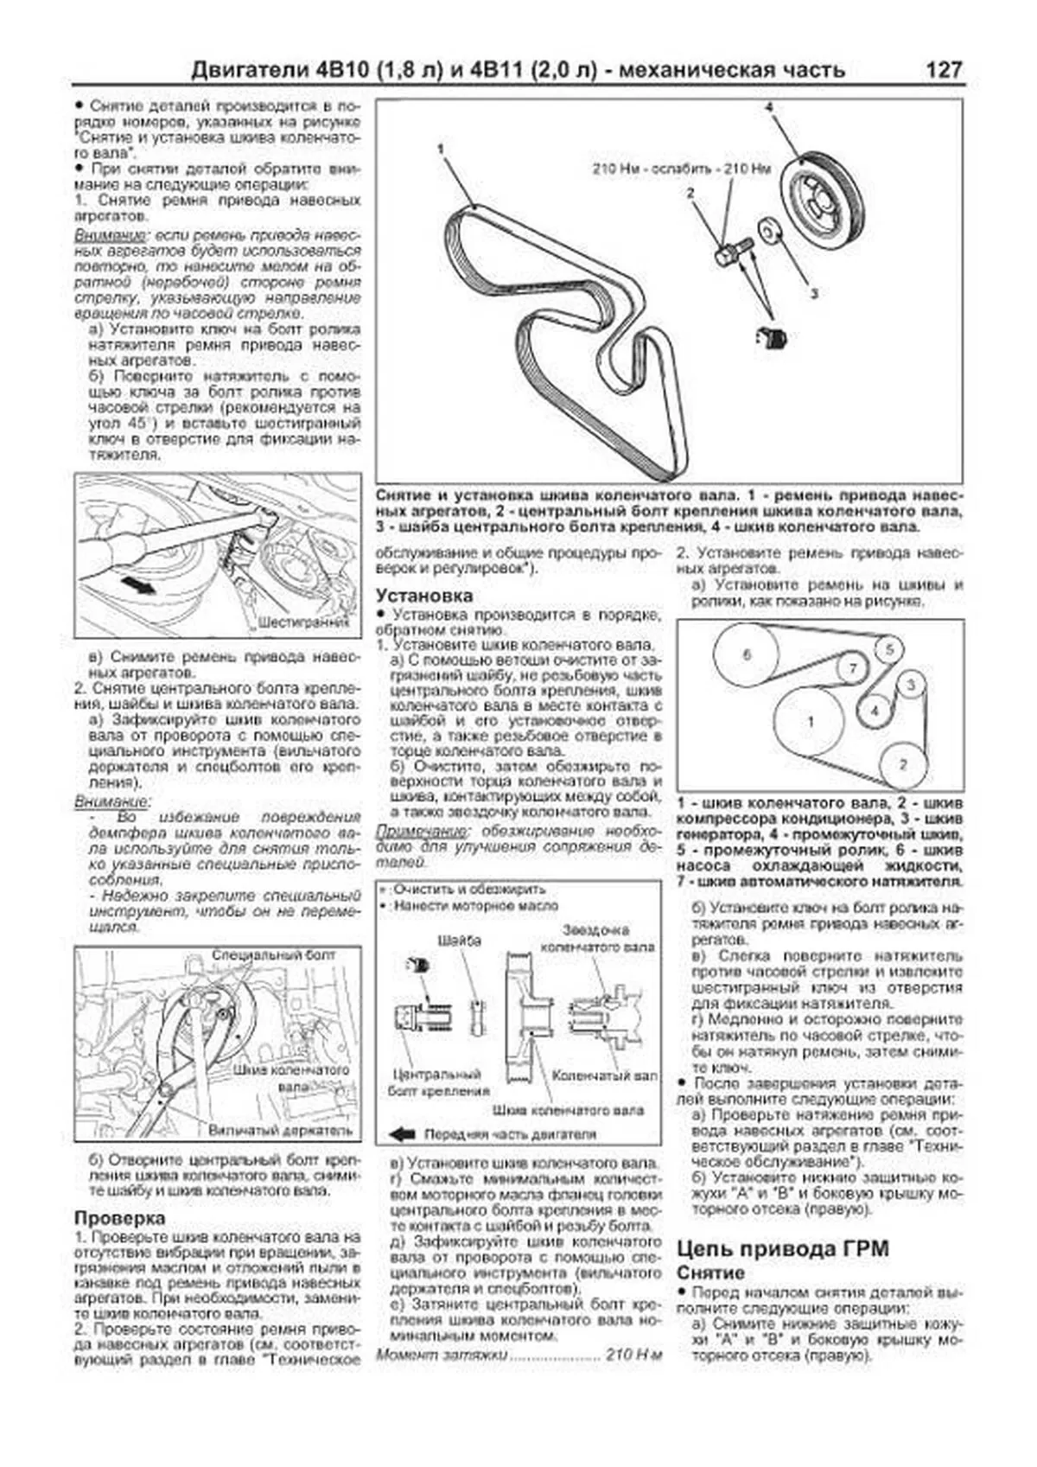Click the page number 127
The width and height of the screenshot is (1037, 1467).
tap(944, 70)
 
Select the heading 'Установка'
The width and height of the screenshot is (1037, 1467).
tap(424, 596)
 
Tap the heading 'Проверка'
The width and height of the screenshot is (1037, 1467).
tap(119, 1218)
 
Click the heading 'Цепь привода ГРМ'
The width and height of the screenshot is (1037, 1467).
tap(783, 1248)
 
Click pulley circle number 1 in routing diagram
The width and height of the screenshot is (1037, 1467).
tap(810, 721)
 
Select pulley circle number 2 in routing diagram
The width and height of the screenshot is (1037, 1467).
tap(903, 765)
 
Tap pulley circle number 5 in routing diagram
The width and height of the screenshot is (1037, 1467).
tap(889, 648)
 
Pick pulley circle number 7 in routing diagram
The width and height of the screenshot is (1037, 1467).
tap(853, 668)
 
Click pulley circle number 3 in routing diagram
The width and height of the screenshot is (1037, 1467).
tap(910, 686)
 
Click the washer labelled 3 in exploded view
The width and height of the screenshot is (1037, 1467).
tap(768, 230)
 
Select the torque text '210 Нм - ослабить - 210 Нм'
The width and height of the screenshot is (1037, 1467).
tap(681, 169)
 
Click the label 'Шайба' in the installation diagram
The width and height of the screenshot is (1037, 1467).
tap(460, 941)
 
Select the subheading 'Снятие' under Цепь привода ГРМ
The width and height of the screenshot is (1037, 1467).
tap(710, 1273)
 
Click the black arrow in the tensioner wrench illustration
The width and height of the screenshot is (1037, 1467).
tap(138, 585)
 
